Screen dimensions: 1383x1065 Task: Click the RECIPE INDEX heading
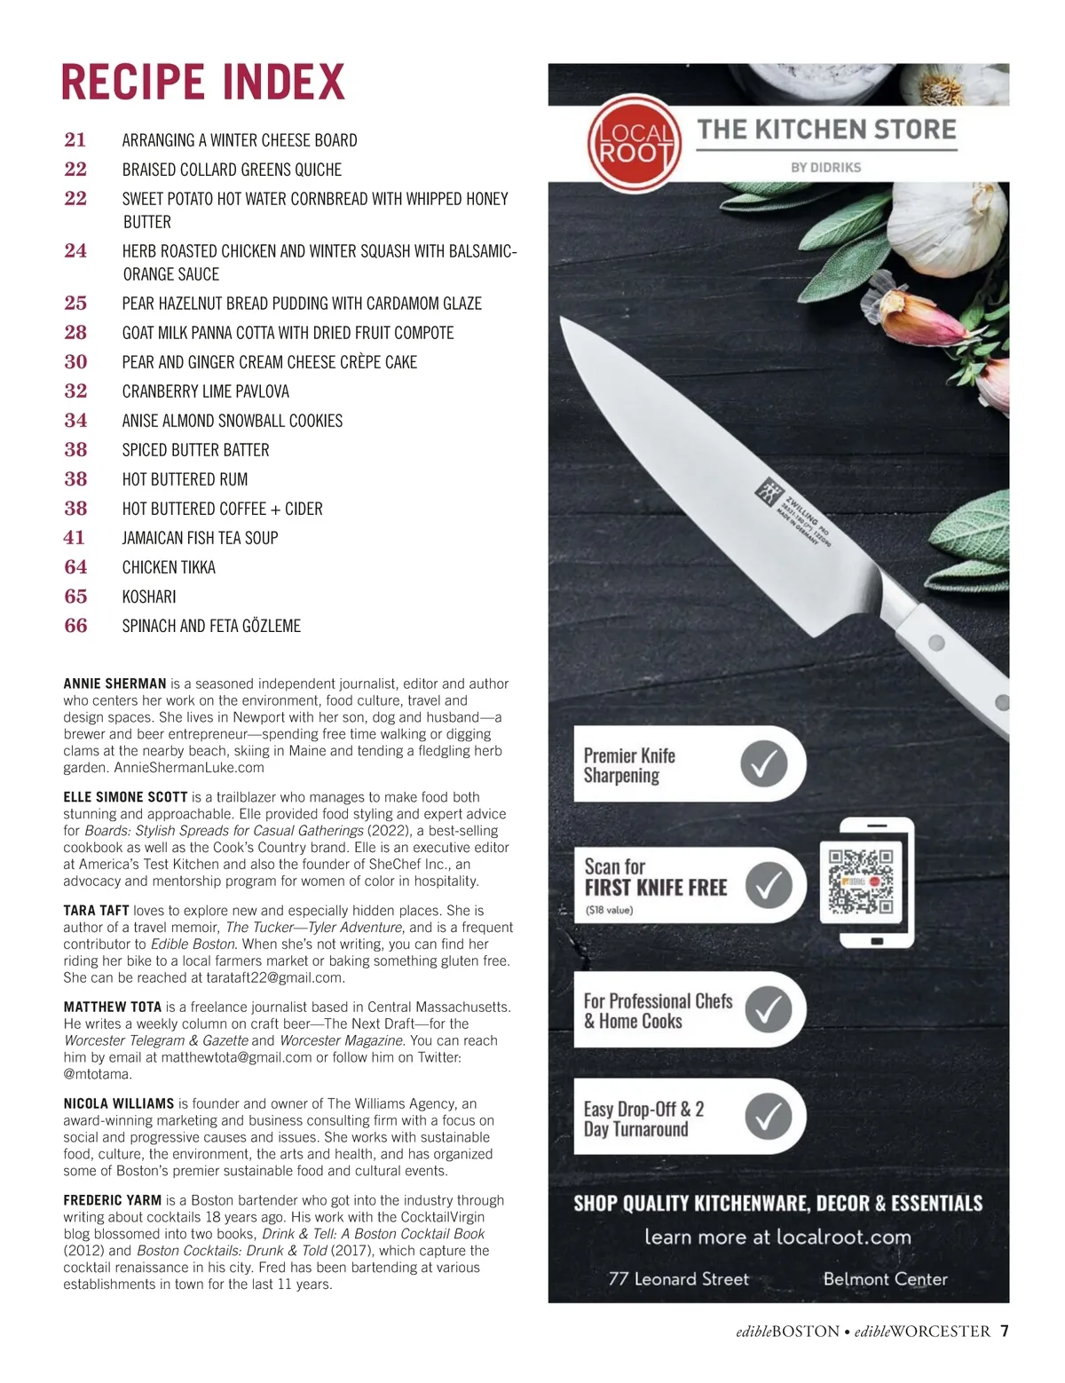pyautogui.click(x=202, y=83)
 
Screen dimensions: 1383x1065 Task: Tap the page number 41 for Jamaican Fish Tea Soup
pyautogui.click(x=75, y=538)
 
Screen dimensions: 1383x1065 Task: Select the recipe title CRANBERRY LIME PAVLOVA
pyautogui.click(x=205, y=391)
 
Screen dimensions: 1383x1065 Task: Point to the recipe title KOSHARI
pyautogui.click(x=149, y=597)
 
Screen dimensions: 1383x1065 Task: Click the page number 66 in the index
pyautogui.click(x=75, y=626)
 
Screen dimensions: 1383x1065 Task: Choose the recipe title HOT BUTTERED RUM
pyautogui.click(x=185, y=479)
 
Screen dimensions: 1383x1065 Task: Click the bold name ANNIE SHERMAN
pyautogui.click(x=114, y=684)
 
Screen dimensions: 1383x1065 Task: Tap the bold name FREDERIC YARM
pyautogui.click(x=113, y=1200)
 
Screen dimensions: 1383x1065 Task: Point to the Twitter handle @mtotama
pyautogui.click(x=97, y=1074)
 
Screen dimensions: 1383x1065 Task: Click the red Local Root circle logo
pyautogui.click(x=634, y=144)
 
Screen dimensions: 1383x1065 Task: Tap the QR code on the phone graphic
pyautogui.click(x=860, y=881)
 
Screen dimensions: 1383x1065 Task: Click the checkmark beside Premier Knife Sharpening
pyautogui.click(x=764, y=763)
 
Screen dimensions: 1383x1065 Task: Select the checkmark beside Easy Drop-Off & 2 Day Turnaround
pyautogui.click(x=768, y=1116)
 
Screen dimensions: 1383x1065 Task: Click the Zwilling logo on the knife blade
pyautogui.click(x=766, y=490)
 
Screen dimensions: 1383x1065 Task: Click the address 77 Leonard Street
pyautogui.click(x=678, y=1279)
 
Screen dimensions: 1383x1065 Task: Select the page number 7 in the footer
pyautogui.click(x=1005, y=1331)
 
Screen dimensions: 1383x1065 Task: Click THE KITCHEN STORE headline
pyautogui.click(x=826, y=130)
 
